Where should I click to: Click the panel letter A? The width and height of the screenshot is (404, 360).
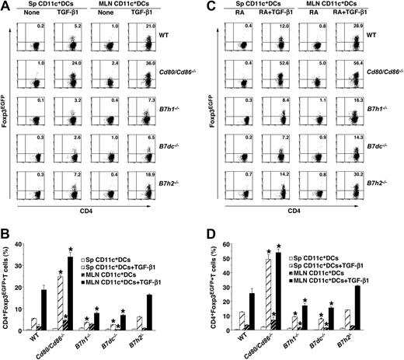pyautogui.click(x=5, y=6)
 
